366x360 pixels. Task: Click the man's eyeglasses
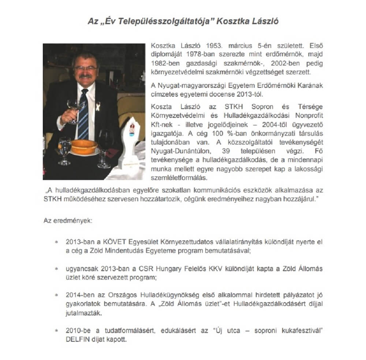click(x=85, y=68)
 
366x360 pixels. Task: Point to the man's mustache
click(x=86, y=77)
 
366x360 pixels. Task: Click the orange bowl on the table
click(x=84, y=147)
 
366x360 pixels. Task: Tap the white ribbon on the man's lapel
click(x=98, y=108)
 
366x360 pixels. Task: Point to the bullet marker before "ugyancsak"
click(x=56, y=269)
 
